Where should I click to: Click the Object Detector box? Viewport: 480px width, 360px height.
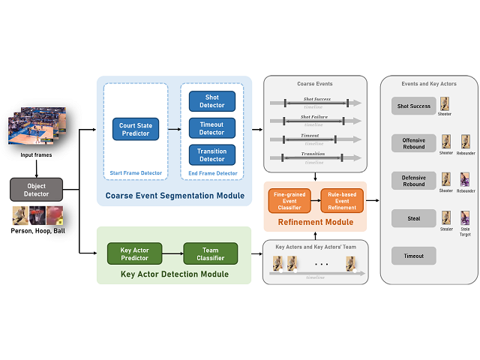point(36,189)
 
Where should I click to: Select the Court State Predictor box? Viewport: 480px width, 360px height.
point(135,129)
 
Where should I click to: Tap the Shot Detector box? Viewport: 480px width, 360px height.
point(211,101)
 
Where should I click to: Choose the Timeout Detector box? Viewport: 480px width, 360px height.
point(211,127)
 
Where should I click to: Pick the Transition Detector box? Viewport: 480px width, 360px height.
point(211,154)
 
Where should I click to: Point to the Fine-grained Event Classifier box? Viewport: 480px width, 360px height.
point(289,200)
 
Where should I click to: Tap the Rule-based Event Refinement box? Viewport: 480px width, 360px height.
point(342,200)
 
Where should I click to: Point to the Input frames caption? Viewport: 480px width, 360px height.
point(37,155)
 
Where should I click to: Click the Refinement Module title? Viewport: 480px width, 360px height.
point(315,222)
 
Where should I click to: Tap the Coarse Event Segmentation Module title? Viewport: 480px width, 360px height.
point(174,196)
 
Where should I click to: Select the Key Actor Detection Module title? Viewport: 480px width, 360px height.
point(174,275)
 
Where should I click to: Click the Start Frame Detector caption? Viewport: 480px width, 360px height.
point(135,173)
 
